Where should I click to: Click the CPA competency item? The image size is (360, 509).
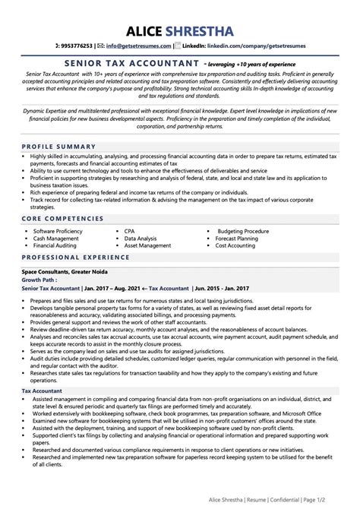click(131, 229)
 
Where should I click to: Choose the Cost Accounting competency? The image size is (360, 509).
click(235, 246)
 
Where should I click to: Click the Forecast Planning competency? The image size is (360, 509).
click(238, 238)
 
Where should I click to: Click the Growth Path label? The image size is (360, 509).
click(39, 280)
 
